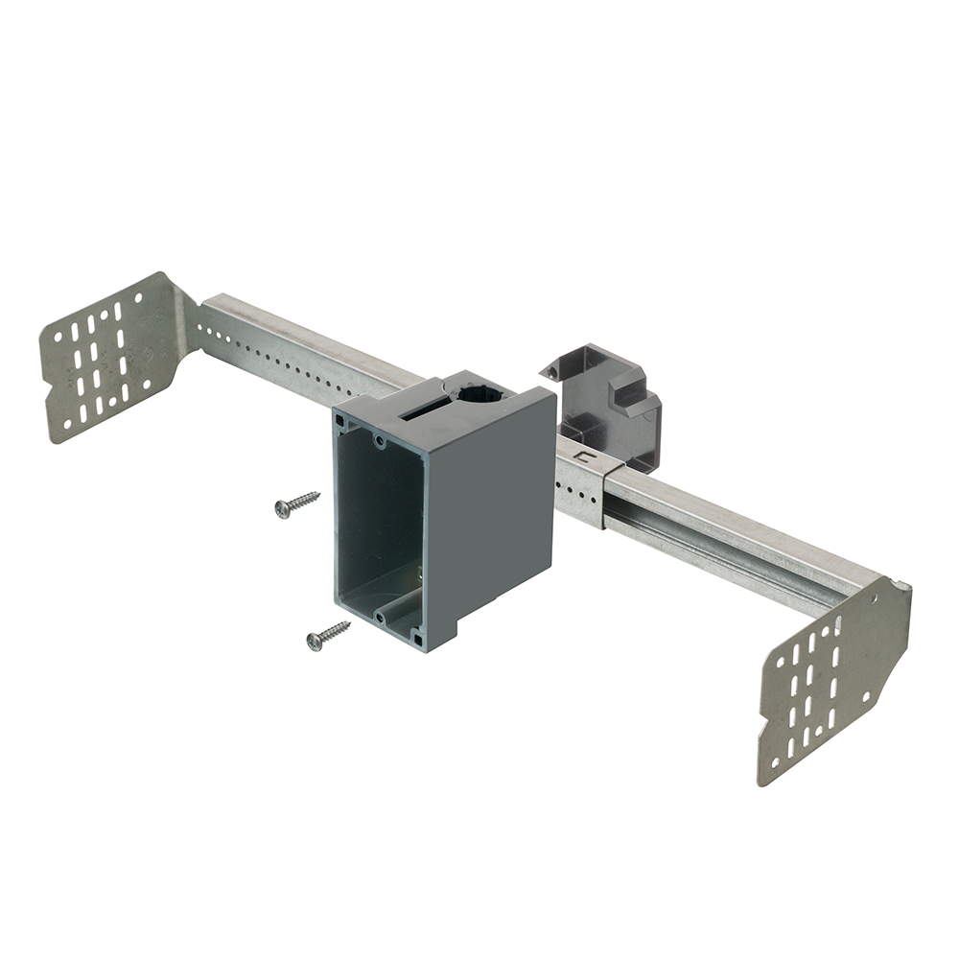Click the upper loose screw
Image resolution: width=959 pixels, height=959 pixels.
coord(296,503)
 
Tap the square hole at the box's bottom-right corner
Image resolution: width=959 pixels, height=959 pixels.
coord(419,637)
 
